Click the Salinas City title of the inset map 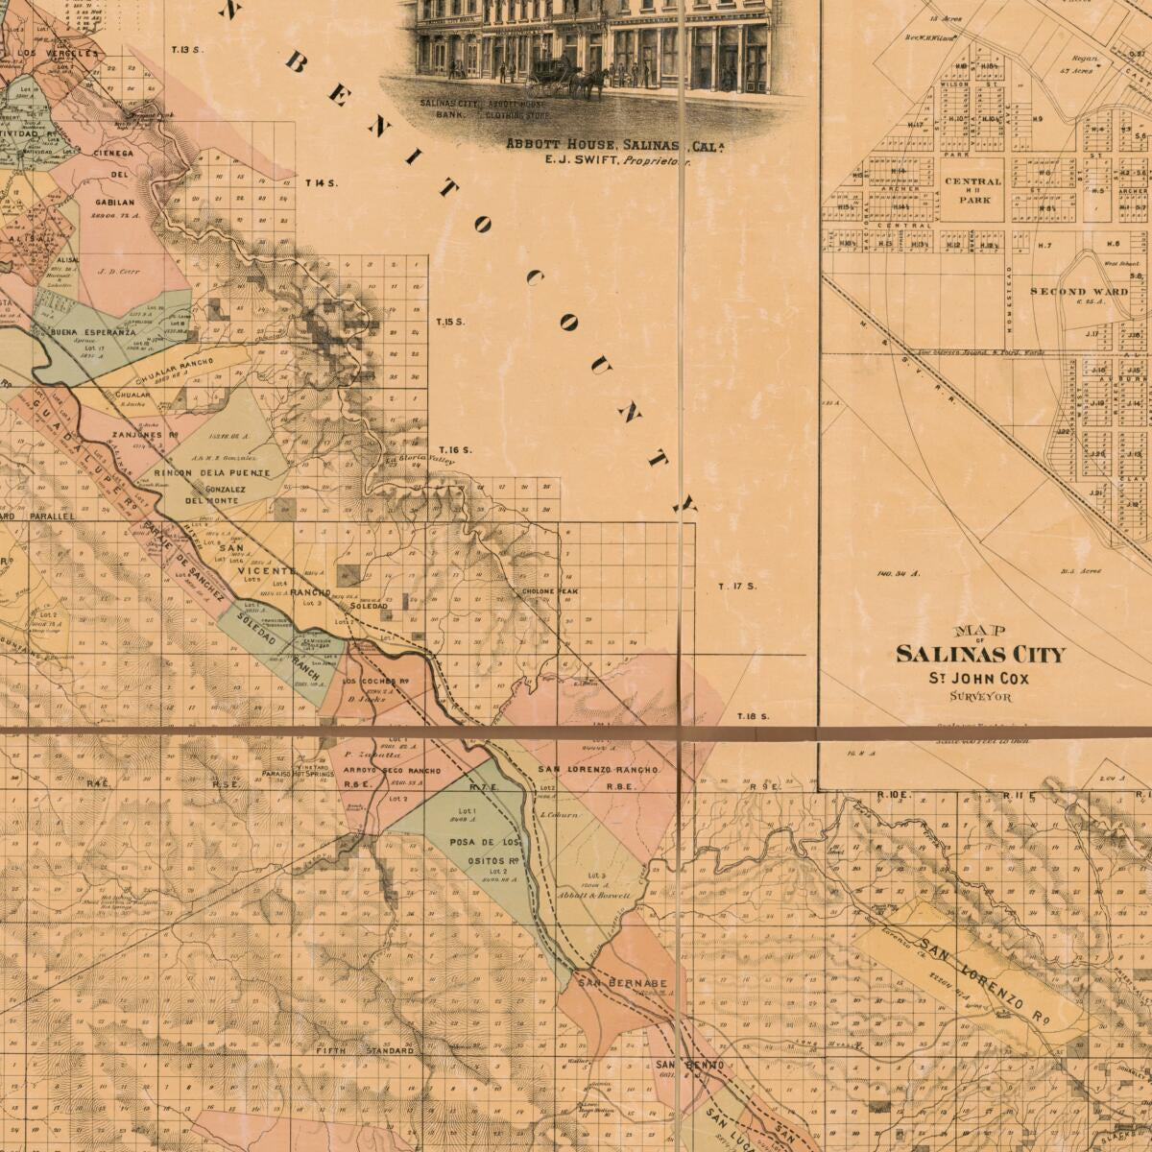(x=980, y=654)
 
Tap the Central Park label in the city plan (x=972, y=190)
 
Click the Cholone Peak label (x=547, y=591)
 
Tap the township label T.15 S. (x=450, y=322)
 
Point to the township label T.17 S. (x=738, y=586)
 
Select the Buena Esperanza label (x=93, y=332)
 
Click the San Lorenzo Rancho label (x=597, y=770)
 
